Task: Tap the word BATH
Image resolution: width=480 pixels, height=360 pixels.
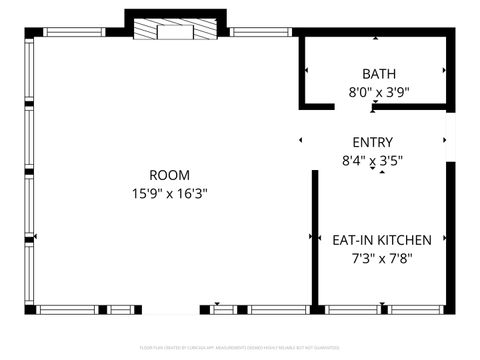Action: (x=379, y=74)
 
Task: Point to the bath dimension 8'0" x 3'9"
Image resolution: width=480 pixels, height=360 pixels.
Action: (x=379, y=91)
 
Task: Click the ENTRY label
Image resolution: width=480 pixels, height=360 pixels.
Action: (x=373, y=142)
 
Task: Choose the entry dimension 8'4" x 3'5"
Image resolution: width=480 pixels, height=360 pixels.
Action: (x=373, y=159)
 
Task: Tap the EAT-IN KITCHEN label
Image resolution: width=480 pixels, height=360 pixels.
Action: (x=382, y=240)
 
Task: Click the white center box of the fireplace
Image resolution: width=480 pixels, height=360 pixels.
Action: (x=175, y=31)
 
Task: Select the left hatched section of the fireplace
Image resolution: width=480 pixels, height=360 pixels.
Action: (x=147, y=31)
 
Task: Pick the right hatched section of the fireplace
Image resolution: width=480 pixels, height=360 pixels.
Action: (x=203, y=31)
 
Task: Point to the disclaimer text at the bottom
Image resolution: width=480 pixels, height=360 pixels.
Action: (x=240, y=348)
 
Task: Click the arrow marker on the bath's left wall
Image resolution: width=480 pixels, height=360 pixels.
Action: (x=305, y=71)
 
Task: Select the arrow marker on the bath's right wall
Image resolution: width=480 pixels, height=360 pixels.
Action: (x=443, y=71)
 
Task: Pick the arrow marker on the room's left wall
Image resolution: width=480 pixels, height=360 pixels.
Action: (x=36, y=237)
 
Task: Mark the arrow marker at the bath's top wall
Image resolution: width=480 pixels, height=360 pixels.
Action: (x=375, y=39)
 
